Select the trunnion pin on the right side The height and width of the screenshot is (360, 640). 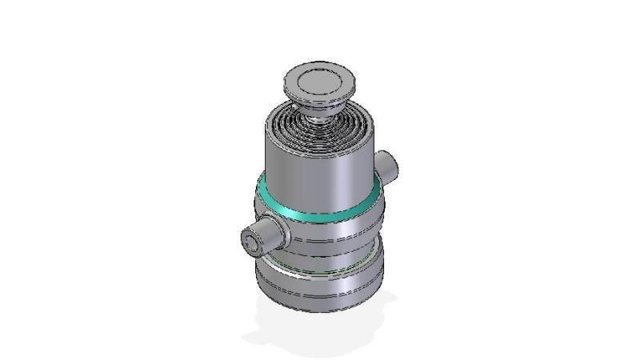click(390, 165)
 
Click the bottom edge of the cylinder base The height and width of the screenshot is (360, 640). click(320, 311)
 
